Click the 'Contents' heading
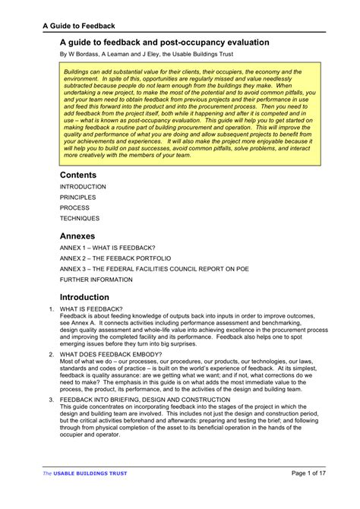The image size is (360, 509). point(78,175)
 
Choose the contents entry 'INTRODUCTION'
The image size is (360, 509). point(83,187)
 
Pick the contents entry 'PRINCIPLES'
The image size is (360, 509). point(77,198)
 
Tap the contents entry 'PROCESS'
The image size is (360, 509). point(74,207)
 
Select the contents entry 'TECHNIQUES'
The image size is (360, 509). point(79,217)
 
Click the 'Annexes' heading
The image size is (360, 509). point(77,236)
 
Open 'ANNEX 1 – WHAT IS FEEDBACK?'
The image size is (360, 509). point(108,248)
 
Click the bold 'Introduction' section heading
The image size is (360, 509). point(84,297)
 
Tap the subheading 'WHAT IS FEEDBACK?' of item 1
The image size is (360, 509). point(90,309)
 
